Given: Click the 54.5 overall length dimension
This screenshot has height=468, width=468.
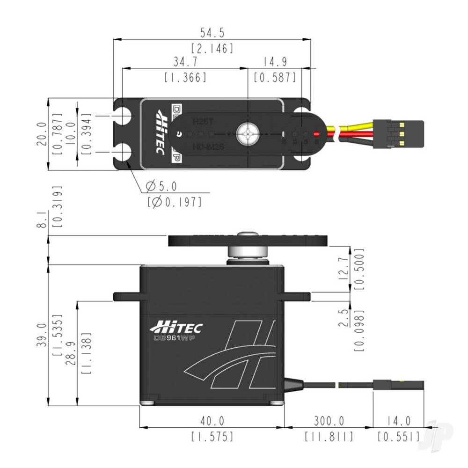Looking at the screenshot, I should tap(212, 33).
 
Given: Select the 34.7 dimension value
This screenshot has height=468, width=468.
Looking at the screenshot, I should tap(185, 62).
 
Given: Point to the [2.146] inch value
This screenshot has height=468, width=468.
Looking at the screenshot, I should tap(212, 48).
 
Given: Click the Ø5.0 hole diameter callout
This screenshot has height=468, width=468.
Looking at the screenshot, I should tap(161, 187).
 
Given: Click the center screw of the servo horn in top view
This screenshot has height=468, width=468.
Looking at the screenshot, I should tap(247, 134).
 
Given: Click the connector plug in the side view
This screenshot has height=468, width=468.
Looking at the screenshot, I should tap(398, 385).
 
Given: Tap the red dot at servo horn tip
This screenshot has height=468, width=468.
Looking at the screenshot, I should tap(317, 134).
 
